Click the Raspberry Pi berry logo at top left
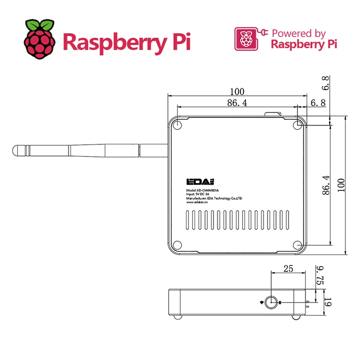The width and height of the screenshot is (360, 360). click(x=40, y=39)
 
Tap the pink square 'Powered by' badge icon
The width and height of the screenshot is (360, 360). click(x=246, y=39)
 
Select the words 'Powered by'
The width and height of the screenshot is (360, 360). click(x=299, y=33)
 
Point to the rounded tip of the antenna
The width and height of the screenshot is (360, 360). click(x=14, y=151)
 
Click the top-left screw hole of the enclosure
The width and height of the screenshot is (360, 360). click(x=177, y=125)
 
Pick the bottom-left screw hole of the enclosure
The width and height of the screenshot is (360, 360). click(x=177, y=245)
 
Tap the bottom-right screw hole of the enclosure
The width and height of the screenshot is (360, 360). click(x=297, y=245)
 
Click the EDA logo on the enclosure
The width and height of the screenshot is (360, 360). click(x=200, y=182)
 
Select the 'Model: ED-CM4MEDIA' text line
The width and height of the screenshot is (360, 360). click(x=202, y=190)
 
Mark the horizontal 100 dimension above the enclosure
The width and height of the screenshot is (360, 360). click(x=237, y=92)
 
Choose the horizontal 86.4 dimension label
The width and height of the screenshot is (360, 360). click(x=237, y=103)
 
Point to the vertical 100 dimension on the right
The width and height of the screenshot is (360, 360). click(x=341, y=185)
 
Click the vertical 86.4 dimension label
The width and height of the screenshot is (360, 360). click(x=326, y=185)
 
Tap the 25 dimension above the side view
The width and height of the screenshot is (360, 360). click(x=288, y=269)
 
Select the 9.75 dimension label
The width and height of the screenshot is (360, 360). click(x=320, y=275)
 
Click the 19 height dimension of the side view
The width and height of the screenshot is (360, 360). click(x=328, y=302)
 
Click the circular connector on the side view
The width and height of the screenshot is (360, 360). click(x=271, y=302)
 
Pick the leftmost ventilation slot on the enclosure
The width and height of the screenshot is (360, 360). click(x=187, y=220)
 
